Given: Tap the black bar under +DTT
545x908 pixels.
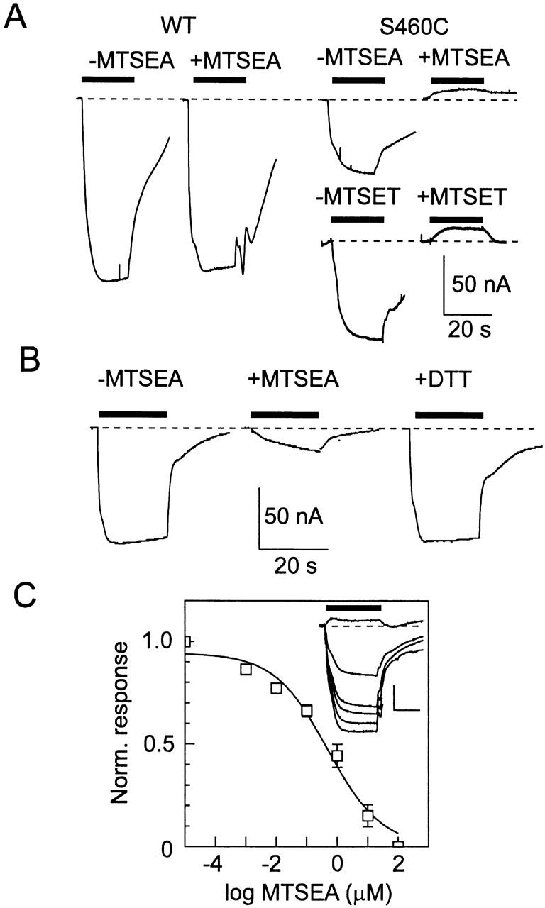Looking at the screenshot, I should click(x=448, y=414).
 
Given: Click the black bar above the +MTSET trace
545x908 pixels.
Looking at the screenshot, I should click(x=456, y=219).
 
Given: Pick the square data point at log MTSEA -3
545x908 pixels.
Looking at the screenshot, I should click(x=246, y=669).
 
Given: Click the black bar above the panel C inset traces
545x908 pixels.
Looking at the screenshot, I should click(x=353, y=608).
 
